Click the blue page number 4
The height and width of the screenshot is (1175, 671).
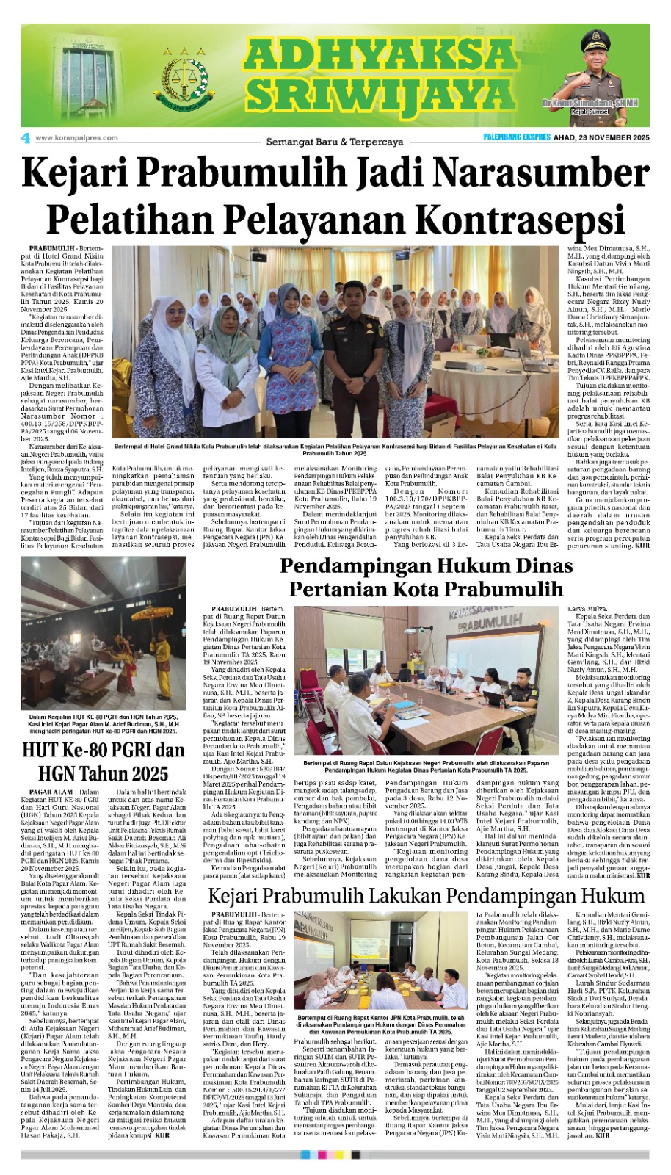click(x=26, y=137)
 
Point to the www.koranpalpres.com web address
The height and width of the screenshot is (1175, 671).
click(x=76, y=137)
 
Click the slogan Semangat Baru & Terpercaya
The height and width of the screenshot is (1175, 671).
click(x=335, y=141)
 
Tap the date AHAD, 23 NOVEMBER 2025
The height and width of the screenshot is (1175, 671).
click(x=601, y=138)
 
